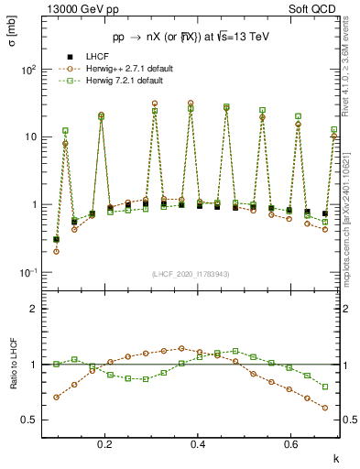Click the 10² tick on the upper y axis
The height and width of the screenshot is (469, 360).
click(x=28, y=70)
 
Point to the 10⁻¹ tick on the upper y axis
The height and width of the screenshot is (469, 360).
click(x=28, y=273)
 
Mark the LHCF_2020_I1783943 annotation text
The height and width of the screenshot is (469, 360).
click(x=191, y=274)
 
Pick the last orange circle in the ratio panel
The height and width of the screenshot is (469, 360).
click(x=325, y=408)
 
